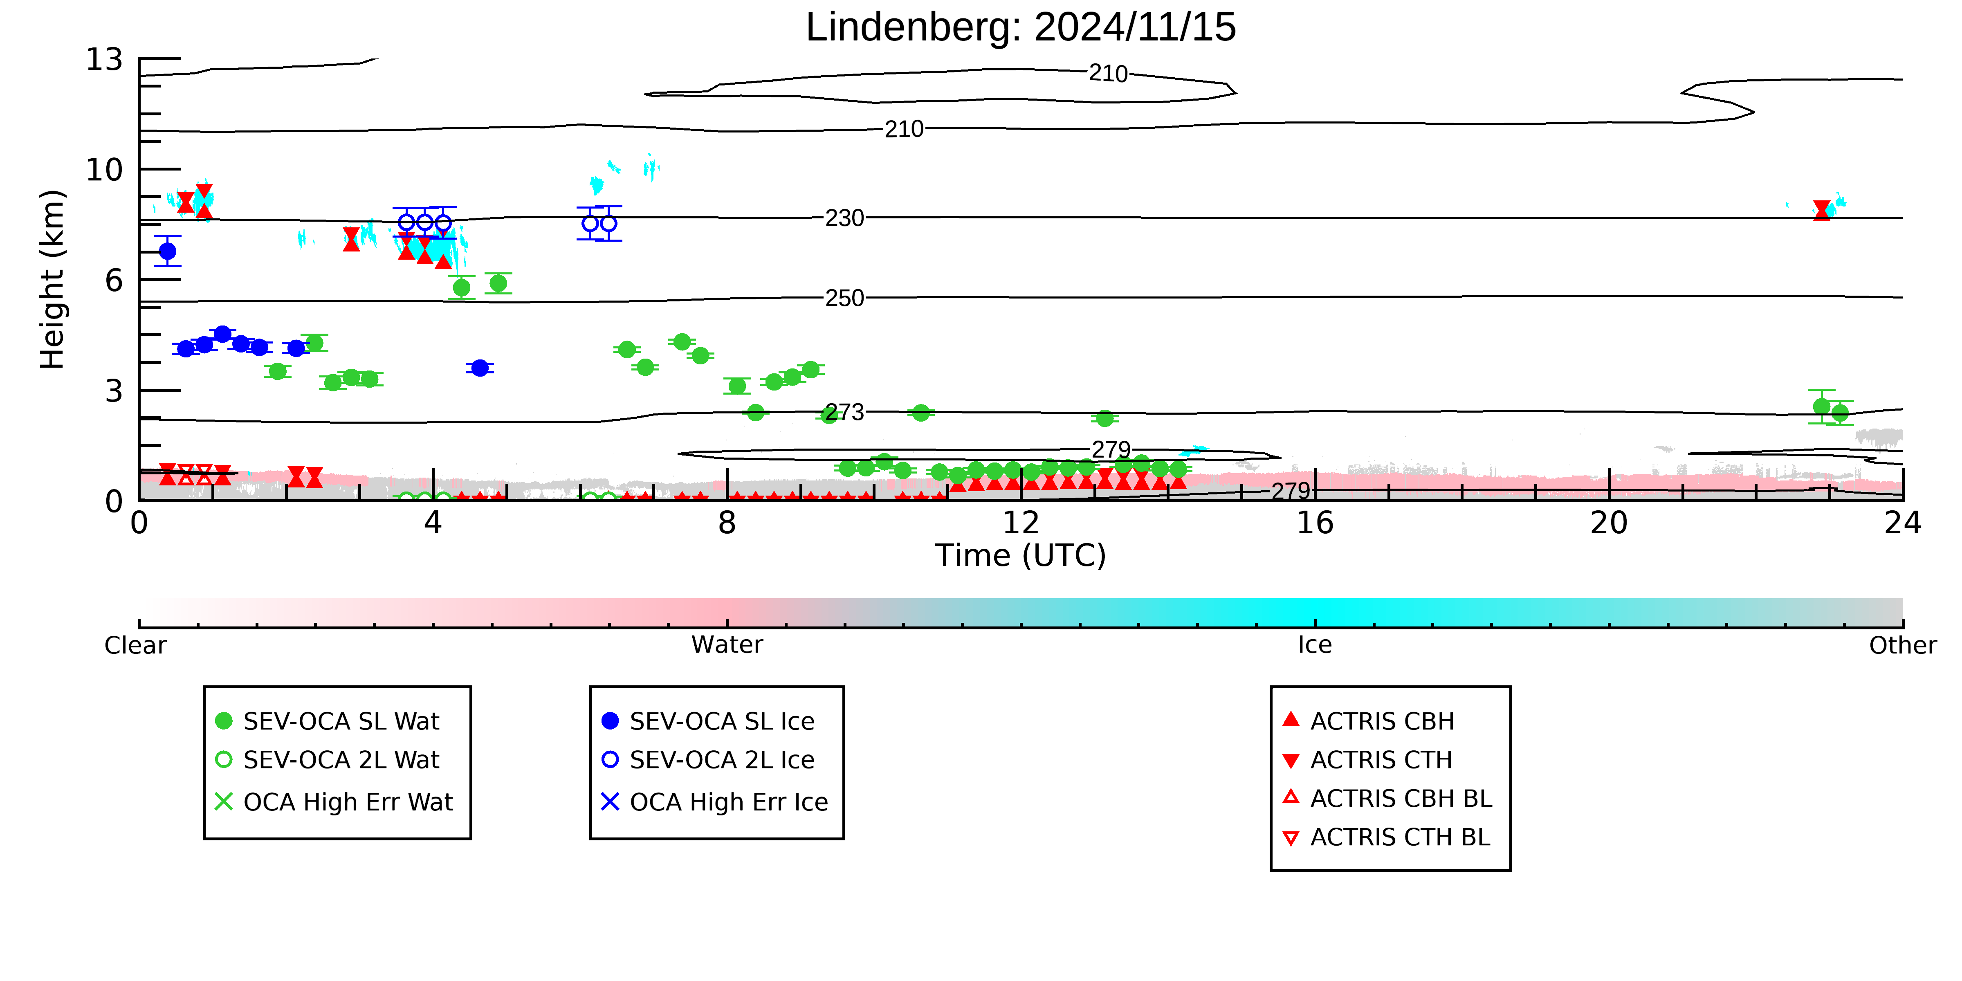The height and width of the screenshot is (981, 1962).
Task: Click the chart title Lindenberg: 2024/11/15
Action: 1021,27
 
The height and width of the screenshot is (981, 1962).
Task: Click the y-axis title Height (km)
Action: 53,280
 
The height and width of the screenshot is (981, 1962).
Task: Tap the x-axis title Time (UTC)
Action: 1021,555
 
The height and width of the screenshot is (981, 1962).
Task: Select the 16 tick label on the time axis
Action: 1315,523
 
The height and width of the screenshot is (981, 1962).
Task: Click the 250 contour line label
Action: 845,298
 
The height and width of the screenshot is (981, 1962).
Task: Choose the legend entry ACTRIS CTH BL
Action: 1386,837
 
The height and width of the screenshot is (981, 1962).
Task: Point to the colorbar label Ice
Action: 1315,645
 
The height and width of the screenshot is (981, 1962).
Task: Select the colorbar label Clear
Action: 136,645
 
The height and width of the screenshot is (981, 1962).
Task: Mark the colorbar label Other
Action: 1903,645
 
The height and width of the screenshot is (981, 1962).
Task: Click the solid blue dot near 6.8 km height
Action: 168,251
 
